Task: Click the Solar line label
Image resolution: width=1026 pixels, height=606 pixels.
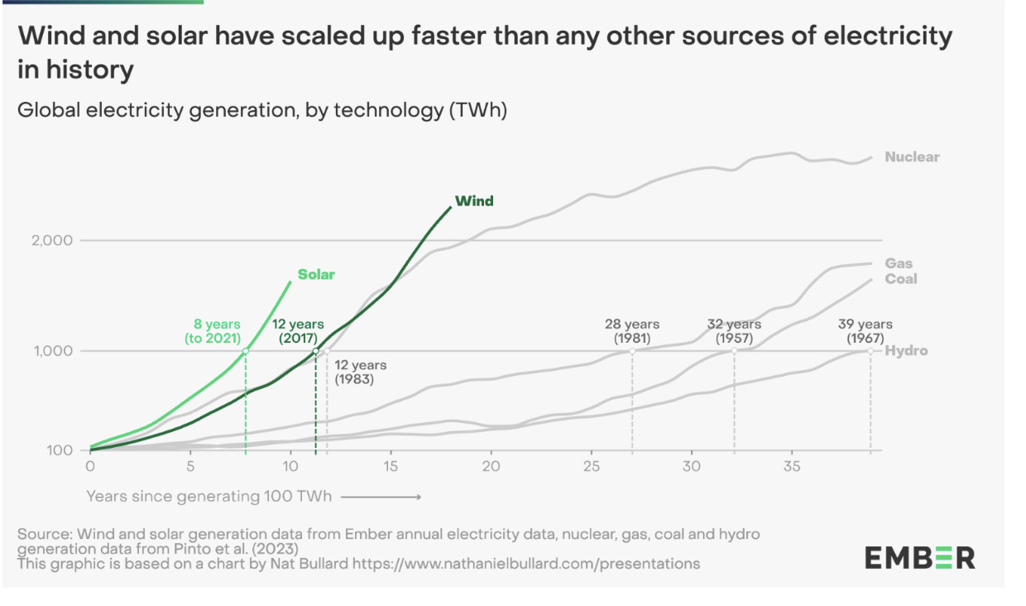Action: [x=316, y=275]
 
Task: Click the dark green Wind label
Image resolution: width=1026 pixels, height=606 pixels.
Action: [x=474, y=201]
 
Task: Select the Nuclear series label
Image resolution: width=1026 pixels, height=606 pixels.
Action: [x=912, y=156]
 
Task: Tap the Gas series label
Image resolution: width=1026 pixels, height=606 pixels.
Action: [x=899, y=264]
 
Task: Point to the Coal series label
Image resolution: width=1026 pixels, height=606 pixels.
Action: [x=901, y=279]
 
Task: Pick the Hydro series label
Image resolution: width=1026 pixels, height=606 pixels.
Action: [x=906, y=351]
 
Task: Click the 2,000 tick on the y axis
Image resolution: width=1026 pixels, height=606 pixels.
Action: [x=52, y=241]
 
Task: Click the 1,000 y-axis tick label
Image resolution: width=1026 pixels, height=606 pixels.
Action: [x=52, y=351]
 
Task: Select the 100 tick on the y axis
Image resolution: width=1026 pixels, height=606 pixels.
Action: [x=60, y=451]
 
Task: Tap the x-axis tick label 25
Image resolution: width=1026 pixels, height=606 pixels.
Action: [x=592, y=467]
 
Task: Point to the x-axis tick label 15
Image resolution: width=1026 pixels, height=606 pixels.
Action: [x=391, y=467]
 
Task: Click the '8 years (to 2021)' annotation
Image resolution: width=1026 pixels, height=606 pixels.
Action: [x=213, y=331]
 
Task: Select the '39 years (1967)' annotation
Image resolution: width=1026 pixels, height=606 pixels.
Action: [x=865, y=331]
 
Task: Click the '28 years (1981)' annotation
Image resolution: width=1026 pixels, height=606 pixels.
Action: [x=632, y=331]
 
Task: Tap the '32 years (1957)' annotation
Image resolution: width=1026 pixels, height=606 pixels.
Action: [x=733, y=331]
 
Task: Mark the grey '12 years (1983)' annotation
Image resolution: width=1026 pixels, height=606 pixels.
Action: [x=361, y=373]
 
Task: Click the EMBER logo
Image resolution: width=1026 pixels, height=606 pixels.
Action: [x=920, y=559]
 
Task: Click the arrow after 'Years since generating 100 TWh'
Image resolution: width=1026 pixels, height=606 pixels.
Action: [x=381, y=497]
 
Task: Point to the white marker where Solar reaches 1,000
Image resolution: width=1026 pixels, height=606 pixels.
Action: [x=246, y=351]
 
